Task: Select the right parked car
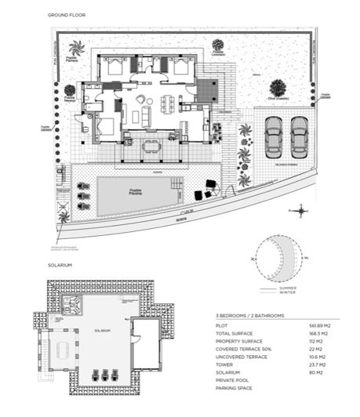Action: point(299,137)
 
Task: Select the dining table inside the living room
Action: point(169,100)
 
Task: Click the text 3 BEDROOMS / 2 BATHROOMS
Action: point(249,315)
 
